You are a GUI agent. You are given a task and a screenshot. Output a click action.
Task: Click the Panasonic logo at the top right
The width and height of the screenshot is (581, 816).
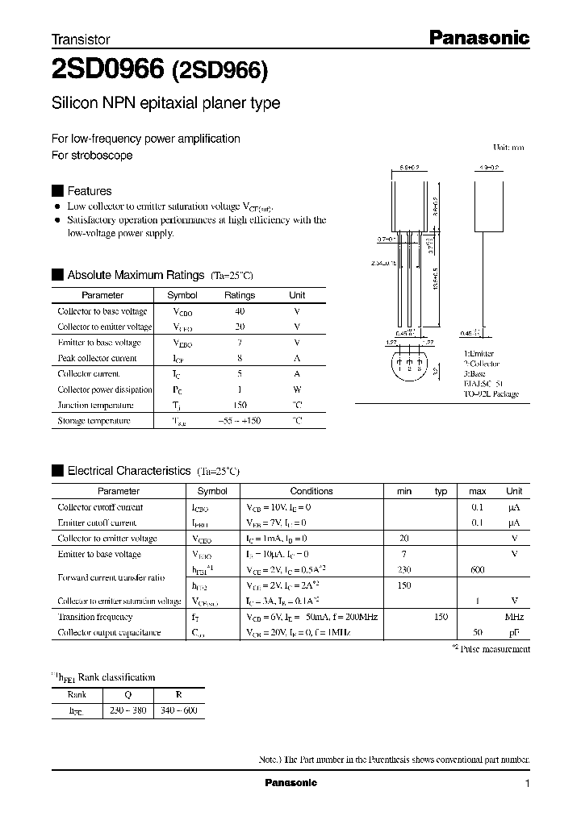click(x=478, y=37)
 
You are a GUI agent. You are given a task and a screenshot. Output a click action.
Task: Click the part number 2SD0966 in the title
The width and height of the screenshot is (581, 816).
click(x=108, y=71)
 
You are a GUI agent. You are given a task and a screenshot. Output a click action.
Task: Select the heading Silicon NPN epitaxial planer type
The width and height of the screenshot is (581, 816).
click(x=165, y=104)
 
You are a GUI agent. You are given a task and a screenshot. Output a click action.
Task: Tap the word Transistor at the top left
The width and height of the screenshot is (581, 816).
click(x=81, y=40)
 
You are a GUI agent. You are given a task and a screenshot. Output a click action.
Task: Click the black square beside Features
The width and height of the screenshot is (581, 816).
click(x=56, y=191)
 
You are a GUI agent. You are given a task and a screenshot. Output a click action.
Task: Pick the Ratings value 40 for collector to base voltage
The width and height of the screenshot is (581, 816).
click(x=240, y=311)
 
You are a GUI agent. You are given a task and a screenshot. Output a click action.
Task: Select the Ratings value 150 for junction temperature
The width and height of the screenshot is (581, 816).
click(x=240, y=405)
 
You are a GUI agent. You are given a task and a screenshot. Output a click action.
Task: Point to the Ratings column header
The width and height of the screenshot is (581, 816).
click(x=240, y=295)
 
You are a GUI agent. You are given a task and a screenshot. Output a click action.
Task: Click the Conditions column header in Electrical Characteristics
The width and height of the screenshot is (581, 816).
click(x=311, y=491)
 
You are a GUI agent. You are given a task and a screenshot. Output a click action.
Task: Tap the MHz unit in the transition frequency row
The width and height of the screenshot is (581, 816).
click(x=514, y=617)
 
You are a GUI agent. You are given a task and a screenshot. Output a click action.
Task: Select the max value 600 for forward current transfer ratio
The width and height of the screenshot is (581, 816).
click(x=478, y=569)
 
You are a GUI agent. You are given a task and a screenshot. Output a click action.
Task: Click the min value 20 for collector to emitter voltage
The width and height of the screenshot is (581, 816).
click(x=404, y=539)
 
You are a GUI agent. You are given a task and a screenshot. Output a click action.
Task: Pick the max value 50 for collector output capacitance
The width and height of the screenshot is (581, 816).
click(x=478, y=633)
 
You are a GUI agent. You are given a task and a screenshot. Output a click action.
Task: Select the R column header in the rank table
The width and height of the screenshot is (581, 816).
click(x=178, y=694)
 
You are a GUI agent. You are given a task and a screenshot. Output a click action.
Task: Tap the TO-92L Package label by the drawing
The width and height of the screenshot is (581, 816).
click(x=491, y=394)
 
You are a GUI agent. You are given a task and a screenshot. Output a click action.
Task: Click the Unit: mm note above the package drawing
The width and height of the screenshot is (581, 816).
click(x=508, y=148)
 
